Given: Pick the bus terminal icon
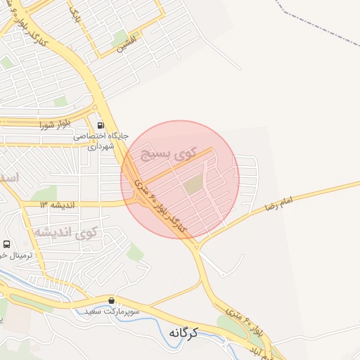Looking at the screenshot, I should [x=6, y=243].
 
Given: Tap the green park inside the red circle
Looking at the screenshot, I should [x=193, y=186].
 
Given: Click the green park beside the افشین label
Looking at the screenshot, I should [x=120, y=37].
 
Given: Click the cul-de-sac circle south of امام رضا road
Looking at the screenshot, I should [x=224, y=273].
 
